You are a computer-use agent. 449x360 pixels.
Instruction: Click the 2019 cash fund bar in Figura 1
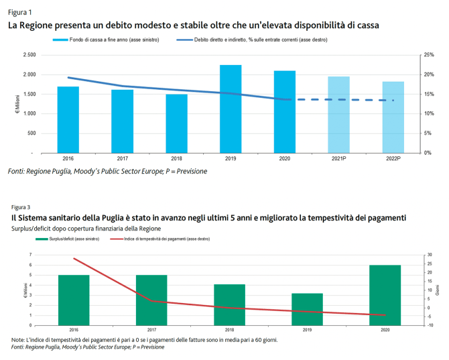[231, 109]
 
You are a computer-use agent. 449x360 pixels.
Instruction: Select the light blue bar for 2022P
[393, 117]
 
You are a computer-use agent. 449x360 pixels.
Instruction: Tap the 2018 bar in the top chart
[177, 123]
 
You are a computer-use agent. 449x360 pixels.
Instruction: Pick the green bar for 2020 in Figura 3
[385, 295]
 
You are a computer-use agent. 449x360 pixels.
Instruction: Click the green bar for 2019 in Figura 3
[307, 309]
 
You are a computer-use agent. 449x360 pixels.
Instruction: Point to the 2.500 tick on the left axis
[29, 55]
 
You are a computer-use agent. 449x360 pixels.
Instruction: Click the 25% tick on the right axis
[430, 55]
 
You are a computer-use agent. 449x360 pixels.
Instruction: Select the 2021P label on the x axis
[338, 159]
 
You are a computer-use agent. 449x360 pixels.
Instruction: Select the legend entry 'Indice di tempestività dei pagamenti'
[156, 239]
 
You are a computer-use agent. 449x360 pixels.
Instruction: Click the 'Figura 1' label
[19, 12]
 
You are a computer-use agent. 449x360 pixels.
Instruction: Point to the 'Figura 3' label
[21, 207]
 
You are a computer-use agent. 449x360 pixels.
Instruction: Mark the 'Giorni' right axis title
[438, 290]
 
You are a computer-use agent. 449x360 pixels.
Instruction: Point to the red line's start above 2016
[74, 258]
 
